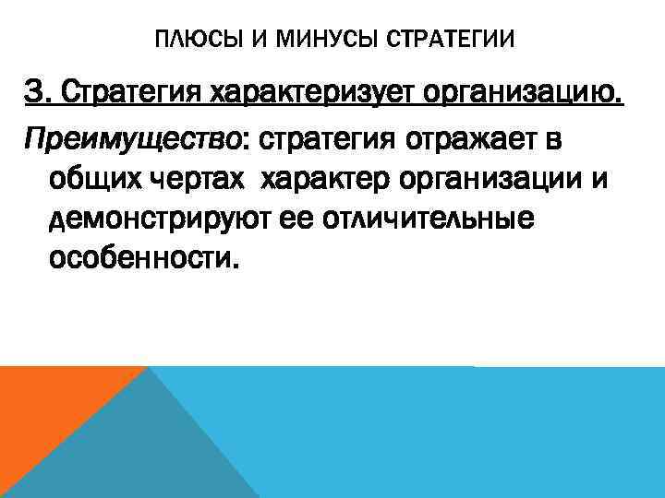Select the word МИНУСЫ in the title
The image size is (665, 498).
300,41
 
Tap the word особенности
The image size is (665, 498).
144,260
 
